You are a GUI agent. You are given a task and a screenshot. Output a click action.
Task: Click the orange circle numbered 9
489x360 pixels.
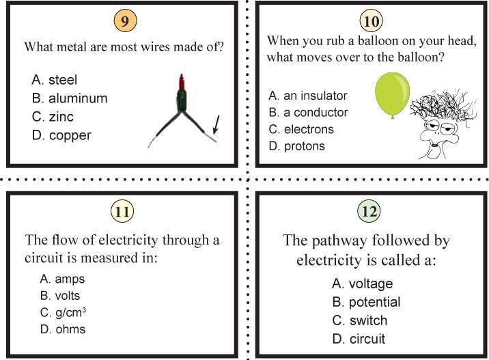[x=124, y=20]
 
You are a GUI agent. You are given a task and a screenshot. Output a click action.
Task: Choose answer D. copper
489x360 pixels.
[x=61, y=135]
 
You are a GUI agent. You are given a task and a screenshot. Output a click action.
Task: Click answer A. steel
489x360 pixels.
[x=55, y=80]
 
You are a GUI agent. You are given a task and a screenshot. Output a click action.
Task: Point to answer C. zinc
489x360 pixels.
[x=53, y=117]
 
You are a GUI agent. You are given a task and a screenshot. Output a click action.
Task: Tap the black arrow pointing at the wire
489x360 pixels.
[x=215, y=124]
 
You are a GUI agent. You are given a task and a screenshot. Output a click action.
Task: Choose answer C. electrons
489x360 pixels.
[x=301, y=129]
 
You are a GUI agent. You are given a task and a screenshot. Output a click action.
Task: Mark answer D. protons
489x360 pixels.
[x=296, y=146]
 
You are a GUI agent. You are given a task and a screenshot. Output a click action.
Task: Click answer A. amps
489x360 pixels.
[x=62, y=279]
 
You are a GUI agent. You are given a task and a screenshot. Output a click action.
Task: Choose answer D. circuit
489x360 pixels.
[x=359, y=339]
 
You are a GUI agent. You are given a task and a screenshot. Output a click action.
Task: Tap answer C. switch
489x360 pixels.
[x=359, y=320]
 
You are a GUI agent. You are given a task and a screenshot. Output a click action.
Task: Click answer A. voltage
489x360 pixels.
[x=362, y=283]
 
